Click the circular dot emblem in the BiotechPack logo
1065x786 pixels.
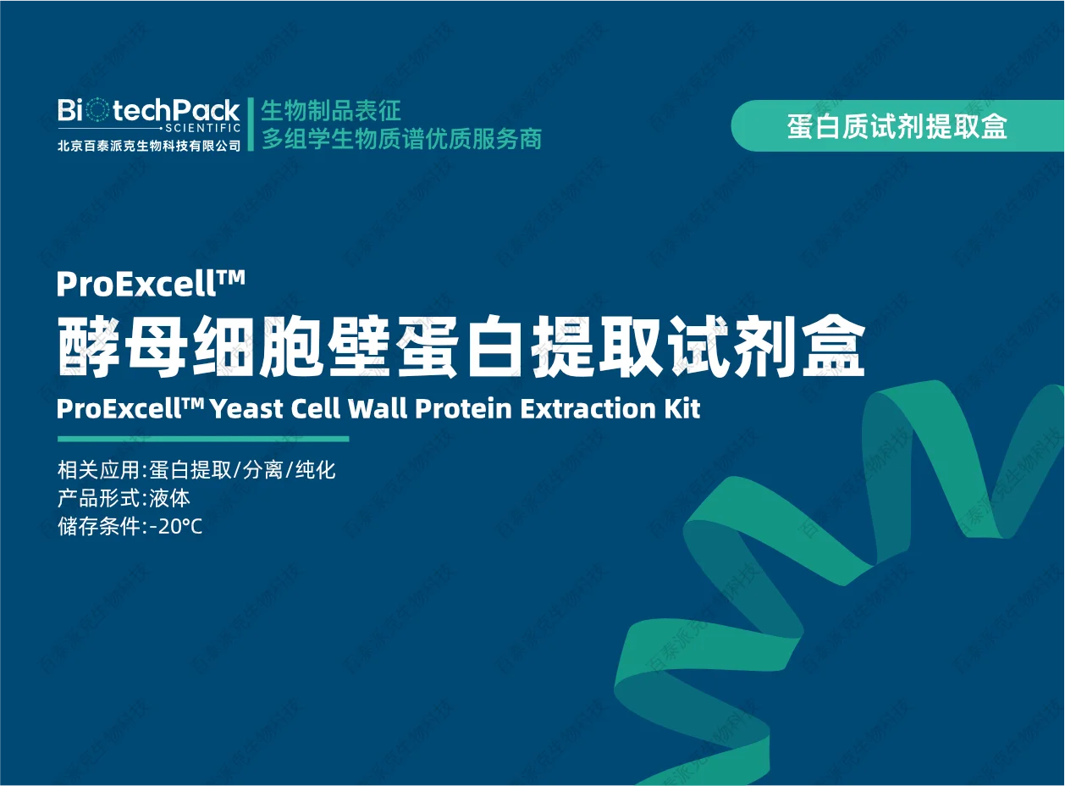(x=98, y=110)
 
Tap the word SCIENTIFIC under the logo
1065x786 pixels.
(x=203, y=128)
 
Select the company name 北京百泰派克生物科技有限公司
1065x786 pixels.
(x=149, y=146)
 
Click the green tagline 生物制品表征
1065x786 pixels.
(x=331, y=110)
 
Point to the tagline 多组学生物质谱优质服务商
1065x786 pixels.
(x=401, y=139)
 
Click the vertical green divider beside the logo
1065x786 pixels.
(x=251, y=125)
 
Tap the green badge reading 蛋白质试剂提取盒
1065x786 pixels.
(x=897, y=125)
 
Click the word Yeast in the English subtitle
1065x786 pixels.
(x=247, y=409)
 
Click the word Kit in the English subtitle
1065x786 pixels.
(x=682, y=408)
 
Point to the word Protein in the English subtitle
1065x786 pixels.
(x=464, y=408)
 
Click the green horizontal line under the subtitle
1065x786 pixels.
(x=203, y=439)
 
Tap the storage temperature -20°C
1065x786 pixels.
(x=176, y=527)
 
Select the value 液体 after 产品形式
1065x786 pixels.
(x=169, y=498)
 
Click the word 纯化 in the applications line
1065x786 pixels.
(x=316, y=469)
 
